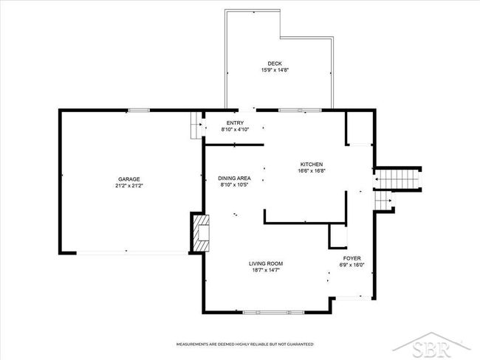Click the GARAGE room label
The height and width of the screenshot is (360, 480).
[129, 179]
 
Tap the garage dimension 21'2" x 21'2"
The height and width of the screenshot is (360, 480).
[129, 186]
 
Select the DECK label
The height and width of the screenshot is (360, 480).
[275, 63]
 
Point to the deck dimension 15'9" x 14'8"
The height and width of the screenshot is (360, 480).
[275, 70]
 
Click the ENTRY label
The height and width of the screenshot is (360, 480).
[235, 123]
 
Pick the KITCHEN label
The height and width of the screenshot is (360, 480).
[312, 165]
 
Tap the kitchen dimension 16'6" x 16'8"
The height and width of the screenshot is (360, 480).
[312, 171]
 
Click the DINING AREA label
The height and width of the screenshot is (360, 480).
[235, 178]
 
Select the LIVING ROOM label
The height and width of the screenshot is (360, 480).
[266, 263]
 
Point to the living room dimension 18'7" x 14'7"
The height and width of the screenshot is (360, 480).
[266, 270]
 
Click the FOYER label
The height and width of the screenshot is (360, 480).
[352, 258]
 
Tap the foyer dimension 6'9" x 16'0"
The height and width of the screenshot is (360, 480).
[352, 265]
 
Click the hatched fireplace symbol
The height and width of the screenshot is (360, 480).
[201, 233]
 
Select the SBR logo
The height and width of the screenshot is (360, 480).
[432, 346]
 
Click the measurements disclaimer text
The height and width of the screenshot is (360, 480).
[245, 345]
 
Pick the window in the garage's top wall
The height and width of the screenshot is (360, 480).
[139, 111]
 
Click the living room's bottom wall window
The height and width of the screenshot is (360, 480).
[273, 312]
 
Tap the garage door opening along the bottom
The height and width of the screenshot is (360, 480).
[132, 253]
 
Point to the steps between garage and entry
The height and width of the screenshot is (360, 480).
[196, 125]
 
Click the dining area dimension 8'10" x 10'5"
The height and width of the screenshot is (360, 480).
[235, 184]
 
